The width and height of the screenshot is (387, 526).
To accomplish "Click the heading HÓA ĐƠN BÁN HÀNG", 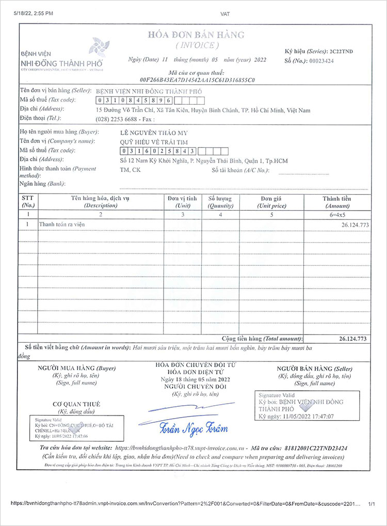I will pyautogui.click(x=196, y=35).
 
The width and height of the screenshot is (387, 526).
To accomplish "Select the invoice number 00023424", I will pyautogui.click(x=321, y=61).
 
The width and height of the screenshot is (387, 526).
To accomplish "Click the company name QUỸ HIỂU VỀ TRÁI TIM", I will pyautogui.click(x=154, y=142).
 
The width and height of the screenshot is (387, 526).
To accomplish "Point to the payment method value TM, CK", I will pyautogui.click(x=130, y=169).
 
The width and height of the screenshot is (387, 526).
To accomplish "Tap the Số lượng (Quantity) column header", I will pyautogui.click(x=220, y=202).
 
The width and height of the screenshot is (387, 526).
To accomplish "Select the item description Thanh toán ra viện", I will pyautogui.click(x=62, y=224).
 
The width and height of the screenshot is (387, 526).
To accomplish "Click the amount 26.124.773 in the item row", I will pyautogui.click(x=354, y=226).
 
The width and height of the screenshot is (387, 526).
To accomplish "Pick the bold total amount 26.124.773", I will pyautogui.click(x=353, y=339).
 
